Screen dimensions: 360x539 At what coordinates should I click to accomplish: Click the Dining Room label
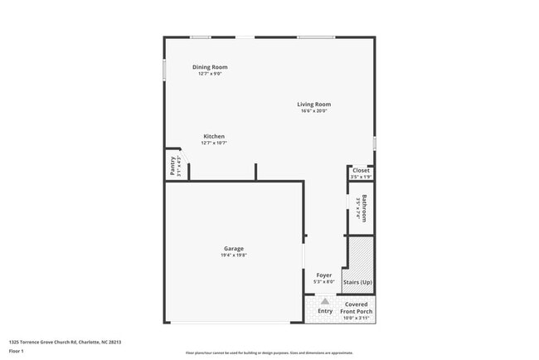click(210, 67)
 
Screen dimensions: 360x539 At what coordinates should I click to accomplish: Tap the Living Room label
click(314, 105)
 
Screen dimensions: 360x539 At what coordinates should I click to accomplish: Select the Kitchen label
click(214, 136)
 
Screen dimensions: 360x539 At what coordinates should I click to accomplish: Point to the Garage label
click(234, 248)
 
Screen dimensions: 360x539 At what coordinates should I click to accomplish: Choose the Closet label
click(362, 171)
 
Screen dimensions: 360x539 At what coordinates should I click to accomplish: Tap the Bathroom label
click(364, 208)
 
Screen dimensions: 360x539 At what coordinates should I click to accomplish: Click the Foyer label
click(324, 275)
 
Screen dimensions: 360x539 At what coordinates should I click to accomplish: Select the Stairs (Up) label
click(357, 283)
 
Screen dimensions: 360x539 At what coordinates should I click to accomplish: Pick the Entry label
click(325, 311)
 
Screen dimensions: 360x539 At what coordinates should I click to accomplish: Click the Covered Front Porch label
click(357, 308)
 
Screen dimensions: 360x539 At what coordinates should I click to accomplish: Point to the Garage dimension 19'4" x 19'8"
click(234, 255)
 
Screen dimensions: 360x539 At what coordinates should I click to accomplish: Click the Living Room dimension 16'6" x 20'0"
click(314, 111)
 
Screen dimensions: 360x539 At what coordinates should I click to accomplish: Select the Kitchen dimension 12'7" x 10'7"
click(214, 143)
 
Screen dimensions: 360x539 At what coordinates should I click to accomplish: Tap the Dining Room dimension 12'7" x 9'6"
click(210, 74)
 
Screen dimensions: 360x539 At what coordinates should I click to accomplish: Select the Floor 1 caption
click(17, 351)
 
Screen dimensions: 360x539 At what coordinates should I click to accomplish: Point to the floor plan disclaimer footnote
click(269, 353)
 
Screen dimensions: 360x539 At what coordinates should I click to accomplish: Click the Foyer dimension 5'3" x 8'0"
click(324, 282)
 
